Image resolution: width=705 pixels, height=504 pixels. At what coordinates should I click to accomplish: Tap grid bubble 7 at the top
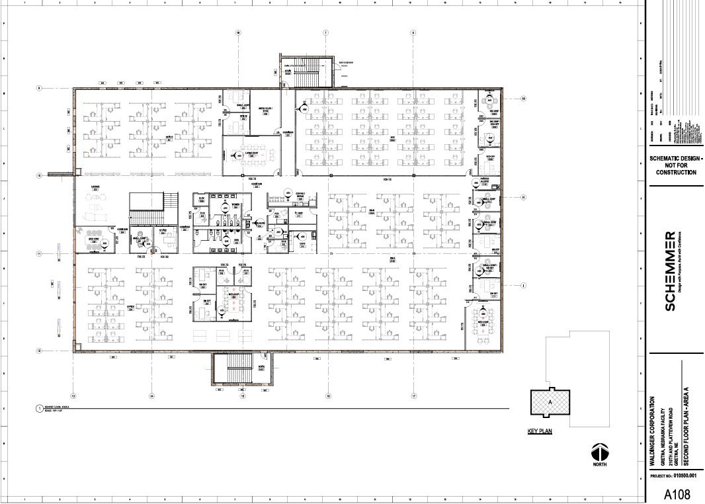(325, 32)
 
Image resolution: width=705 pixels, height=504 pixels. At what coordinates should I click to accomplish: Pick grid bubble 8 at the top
(412, 32)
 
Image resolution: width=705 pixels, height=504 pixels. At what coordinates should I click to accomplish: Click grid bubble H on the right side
(522, 198)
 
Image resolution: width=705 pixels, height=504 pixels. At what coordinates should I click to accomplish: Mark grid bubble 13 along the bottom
(73, 396)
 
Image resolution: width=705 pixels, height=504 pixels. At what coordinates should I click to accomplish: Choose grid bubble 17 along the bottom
(413, 396)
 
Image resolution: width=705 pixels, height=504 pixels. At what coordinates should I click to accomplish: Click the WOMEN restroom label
(235, 204)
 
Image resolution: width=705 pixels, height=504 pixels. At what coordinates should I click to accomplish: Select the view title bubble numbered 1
(38, 409)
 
